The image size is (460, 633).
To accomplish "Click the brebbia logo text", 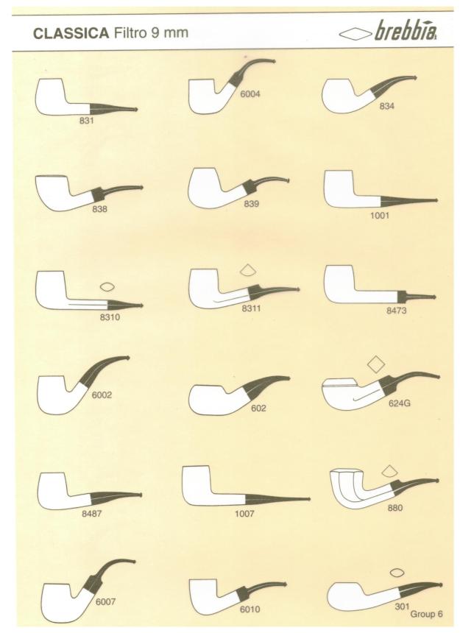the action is (x=405, y=32).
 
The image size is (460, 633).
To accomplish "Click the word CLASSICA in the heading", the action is (x=71, y=34).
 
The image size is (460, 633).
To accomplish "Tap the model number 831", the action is (x=86, y=120).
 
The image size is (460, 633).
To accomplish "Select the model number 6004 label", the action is (x=250, y=94).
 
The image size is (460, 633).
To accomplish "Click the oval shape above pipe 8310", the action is (x=107, y=287).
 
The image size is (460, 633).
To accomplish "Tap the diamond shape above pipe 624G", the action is (x=375, y=364).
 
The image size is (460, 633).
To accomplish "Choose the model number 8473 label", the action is (x=396, y=311).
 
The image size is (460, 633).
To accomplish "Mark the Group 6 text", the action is (x=426, y=614).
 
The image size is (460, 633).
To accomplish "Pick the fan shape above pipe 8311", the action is (x=249, y=271).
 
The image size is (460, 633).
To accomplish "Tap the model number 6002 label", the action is (x=102, y=395).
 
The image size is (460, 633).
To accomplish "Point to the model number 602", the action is (x=258, y=409).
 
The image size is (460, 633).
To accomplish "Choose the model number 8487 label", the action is (x=91, y=514).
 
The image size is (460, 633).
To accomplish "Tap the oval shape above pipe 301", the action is (x=397, y=573).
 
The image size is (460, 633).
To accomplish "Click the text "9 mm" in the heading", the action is (x=169, y=32).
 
